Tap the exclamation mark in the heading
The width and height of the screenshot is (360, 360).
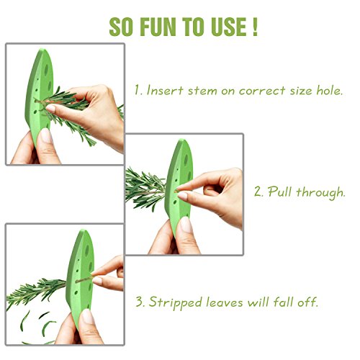[x=255, y=27]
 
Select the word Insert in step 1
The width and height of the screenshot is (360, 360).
[x=165, y=91]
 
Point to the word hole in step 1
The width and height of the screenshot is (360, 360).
[x=330, y=91]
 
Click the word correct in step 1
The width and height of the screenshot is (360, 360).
[x=262, y=91]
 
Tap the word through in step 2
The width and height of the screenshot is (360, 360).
[x=320, y=193]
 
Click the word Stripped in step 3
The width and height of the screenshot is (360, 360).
[x=175, y=302]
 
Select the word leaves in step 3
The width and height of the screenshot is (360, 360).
[x=225, y=302]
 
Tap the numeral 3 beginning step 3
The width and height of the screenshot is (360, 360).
[x=140, y=302]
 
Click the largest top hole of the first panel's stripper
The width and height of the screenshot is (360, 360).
[x=46, y=69]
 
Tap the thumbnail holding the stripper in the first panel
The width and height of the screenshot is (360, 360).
[x=46, y=136]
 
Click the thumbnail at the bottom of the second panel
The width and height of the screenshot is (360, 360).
[x=186, y=225]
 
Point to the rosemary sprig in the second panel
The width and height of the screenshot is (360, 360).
[x=146, y=189]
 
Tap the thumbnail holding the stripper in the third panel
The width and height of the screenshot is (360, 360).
[x=87, y=317]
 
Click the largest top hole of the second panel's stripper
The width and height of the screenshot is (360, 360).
[x=186, y=160]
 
